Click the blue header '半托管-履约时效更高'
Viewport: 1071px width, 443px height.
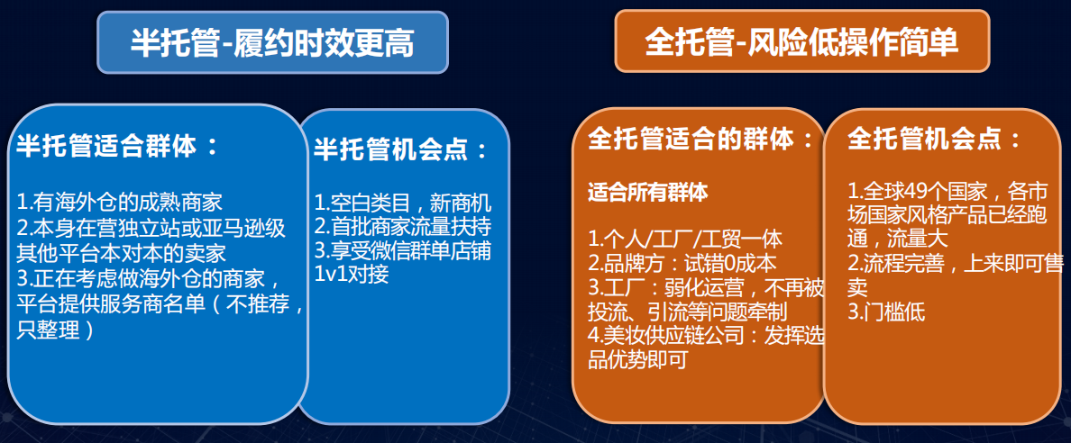coord(272,42)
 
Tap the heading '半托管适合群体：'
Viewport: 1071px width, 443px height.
coord(117,146)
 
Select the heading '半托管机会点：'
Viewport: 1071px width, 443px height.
coord(401,149)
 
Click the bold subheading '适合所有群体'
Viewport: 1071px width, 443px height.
coord(648,192)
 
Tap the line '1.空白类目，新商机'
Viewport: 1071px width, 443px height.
coord(403,203)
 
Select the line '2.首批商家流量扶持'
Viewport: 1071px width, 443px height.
coord(403,226)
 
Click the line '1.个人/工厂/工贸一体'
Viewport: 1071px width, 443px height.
coord(685,240)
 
